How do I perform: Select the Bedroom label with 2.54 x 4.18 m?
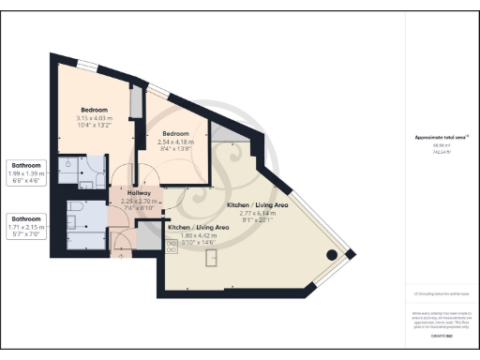[x=175, y=134]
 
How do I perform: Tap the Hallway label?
[x=138, y=193]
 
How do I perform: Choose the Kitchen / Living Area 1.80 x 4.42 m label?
[x=198, y=228]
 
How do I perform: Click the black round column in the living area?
[x=332, y=255]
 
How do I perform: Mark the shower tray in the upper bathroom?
[x=67, y=166]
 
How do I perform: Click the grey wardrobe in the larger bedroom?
[x=136, y=101]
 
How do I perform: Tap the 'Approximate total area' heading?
[x=442, y=138]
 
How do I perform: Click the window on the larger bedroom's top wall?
[x=86, y=65]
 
